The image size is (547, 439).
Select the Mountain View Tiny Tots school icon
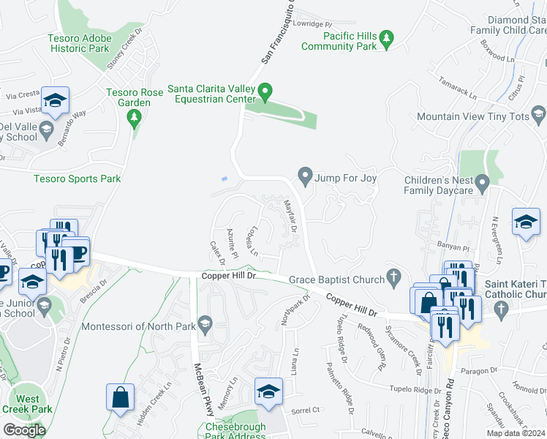click(x=538, y=116)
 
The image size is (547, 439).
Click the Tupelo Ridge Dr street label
click(x=415, y=389)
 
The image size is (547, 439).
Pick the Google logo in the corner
click(x=24, y=429)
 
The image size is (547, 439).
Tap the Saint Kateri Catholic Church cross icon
click(x=501, y=310)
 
